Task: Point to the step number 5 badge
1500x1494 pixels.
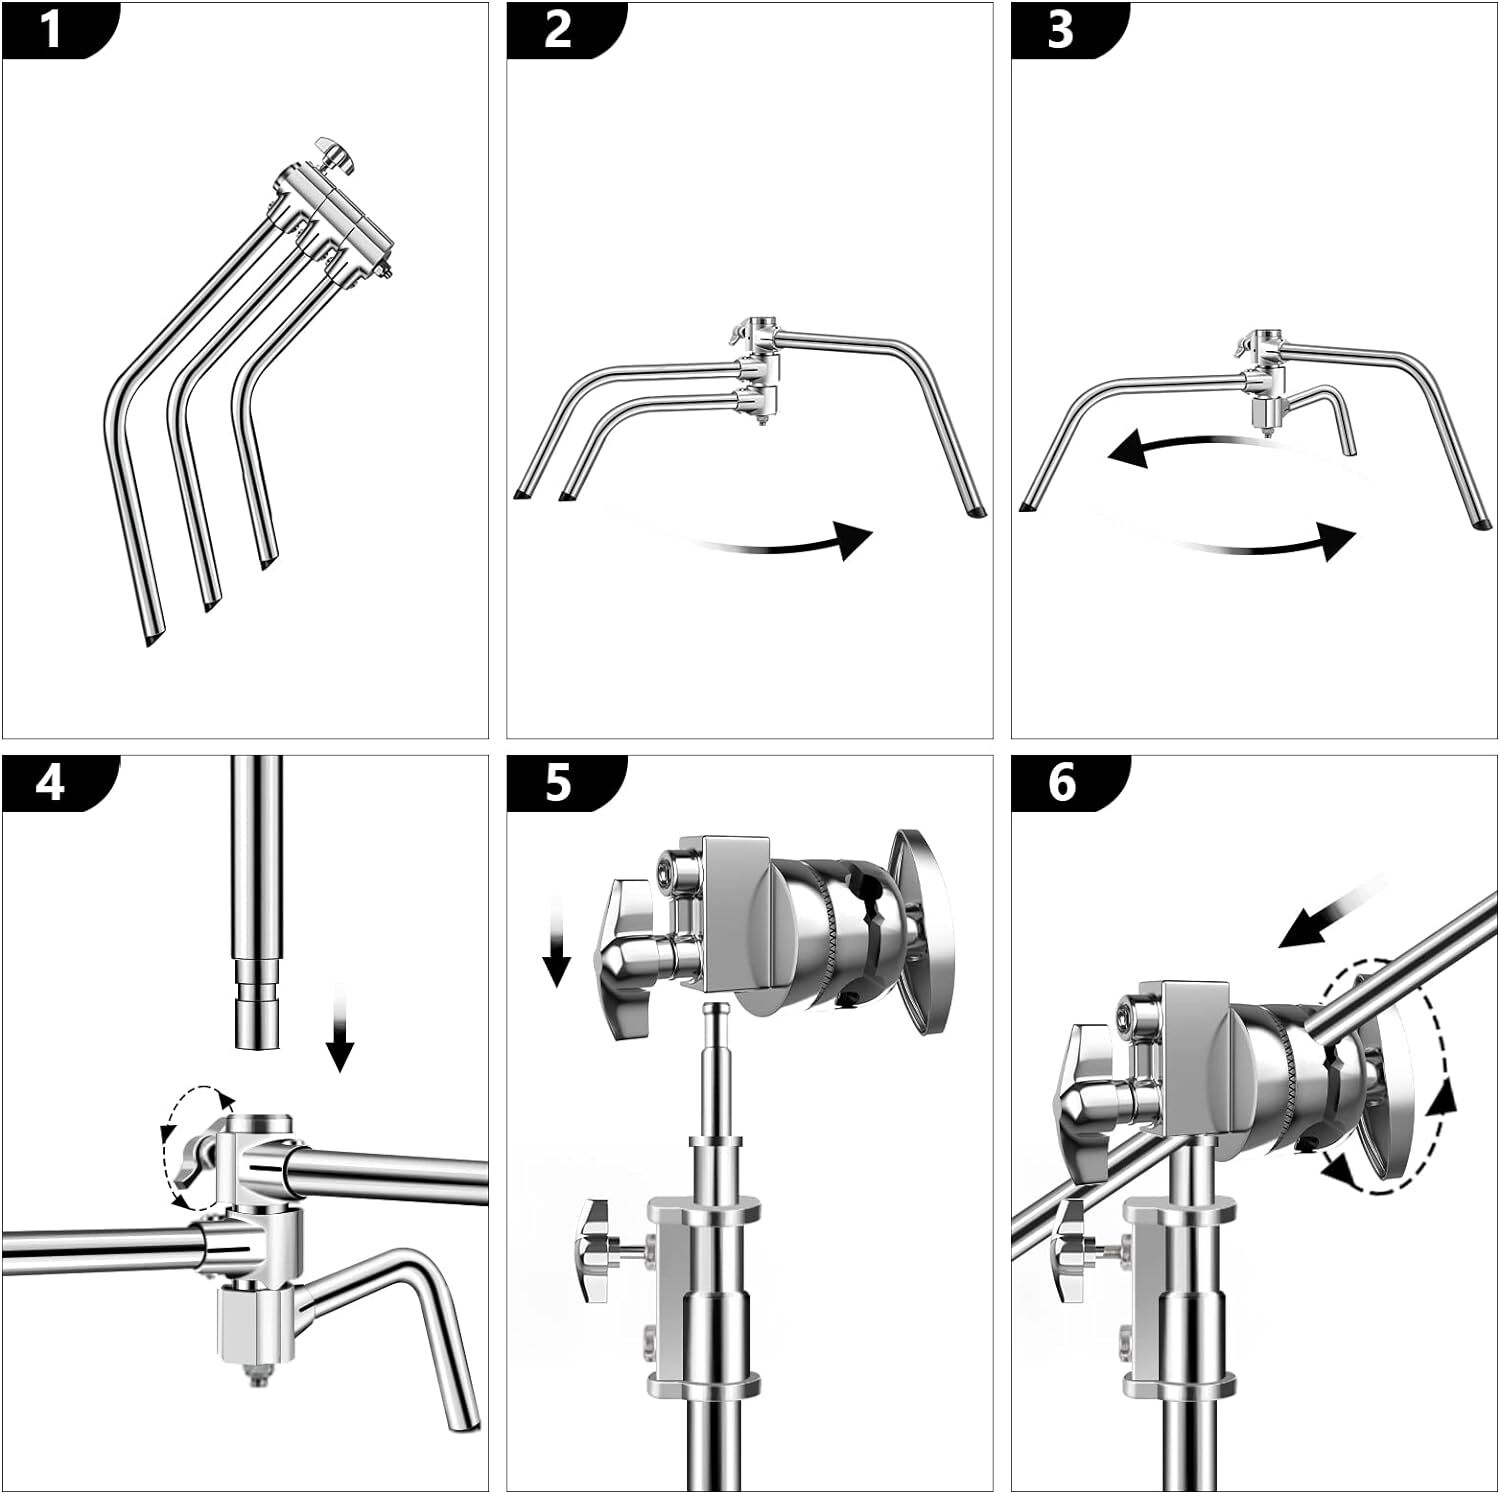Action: (558, 781)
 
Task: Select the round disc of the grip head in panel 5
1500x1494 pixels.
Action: (925, 930)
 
